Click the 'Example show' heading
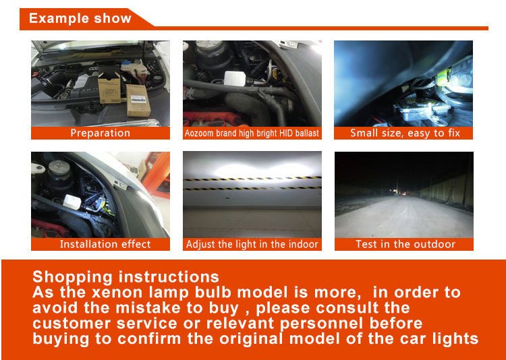80,18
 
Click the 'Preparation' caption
101,133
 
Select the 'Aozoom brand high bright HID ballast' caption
252,133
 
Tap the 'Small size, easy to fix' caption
405,133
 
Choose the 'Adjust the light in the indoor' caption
252,244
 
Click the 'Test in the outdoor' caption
405,244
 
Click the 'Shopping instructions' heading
126,277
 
